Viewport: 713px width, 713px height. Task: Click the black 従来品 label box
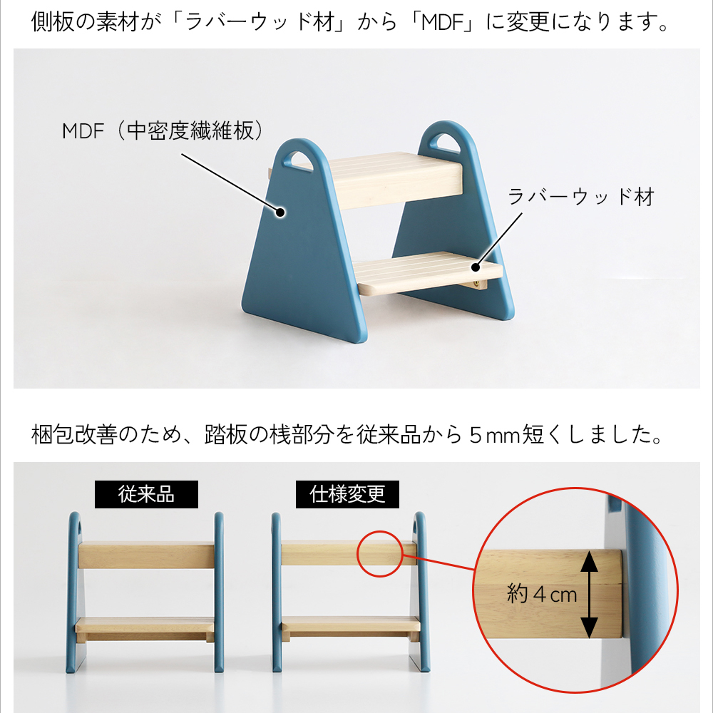click(x=146, y=494)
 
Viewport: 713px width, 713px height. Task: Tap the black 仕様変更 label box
click(x=347, y=494)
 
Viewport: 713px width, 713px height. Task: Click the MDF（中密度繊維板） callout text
click(x=163, y=131)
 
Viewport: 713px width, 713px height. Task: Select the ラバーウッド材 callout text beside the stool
click(x=580, y=197)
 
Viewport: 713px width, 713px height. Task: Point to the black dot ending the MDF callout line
click(x=280, y=212)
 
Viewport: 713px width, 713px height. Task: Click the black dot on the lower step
click(x=476, y=267)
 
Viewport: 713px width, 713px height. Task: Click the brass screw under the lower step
click(x=476, y=284)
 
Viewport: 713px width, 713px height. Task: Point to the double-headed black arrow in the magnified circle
click(x=590, y=594)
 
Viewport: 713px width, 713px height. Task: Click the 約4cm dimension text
click(x=542, y=595)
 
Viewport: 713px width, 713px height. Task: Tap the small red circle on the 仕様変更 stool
click(x=380, y=554)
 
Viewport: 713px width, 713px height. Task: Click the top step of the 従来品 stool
click(x=146, y=554)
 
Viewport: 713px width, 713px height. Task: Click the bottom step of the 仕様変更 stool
click(x=351, y=627)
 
